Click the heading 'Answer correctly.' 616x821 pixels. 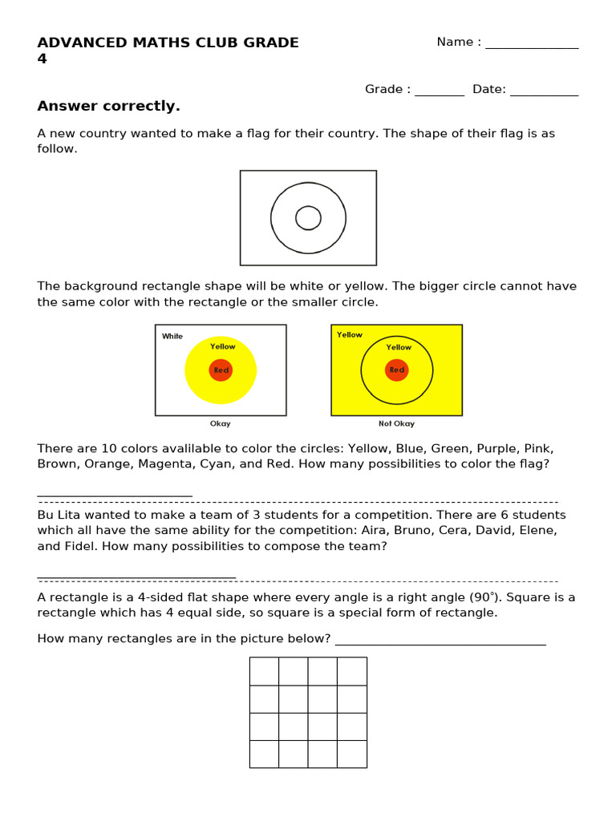pos(108,107)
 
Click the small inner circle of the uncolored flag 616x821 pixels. pos(308,217)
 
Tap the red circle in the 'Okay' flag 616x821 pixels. pos(221,370)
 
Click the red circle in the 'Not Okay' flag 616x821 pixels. pos(396,370)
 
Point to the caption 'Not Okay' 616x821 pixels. pos(396,424)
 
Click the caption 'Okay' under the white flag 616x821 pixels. pos(220,424)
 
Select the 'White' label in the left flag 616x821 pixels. pos(172,337)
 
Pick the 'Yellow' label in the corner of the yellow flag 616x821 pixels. pos(350,335)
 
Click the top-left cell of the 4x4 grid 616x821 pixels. pos(264,671)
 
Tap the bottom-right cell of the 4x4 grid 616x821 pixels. pos(352,754)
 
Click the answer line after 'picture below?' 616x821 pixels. pos(440,641)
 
